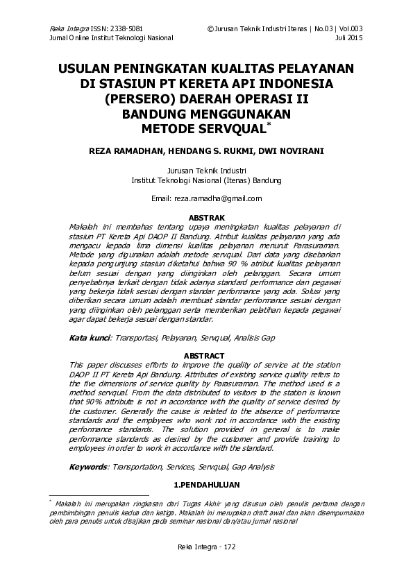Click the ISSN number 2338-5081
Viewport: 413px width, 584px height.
click(x=126, y=28)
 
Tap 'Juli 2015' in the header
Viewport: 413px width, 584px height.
click(x=349, y=37)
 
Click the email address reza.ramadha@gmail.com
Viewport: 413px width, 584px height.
click(x=206, y=198)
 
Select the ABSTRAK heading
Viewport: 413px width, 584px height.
click(x=206, y=218)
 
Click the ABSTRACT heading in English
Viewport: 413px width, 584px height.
click(x=206, y=356)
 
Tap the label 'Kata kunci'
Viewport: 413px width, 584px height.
click(x=90, y=338)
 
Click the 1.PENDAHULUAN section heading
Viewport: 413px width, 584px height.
click(x=206, y=484)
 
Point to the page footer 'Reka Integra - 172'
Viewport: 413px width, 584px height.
click(x=206, y=547)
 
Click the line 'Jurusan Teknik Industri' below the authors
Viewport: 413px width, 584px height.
click(x=206, y=171)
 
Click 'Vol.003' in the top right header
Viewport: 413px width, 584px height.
click(x=350, y=28)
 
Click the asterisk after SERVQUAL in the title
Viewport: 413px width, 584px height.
click(x=269, y=123)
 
